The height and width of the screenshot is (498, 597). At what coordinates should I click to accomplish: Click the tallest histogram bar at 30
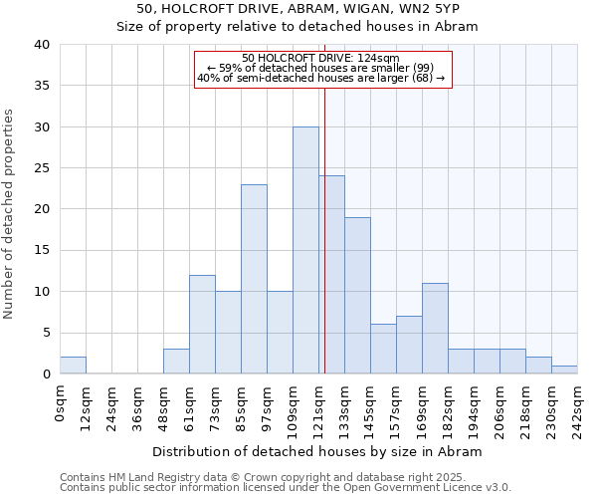(x=305, y=250)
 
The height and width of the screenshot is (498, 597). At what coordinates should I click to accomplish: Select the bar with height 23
(x=254, y=279)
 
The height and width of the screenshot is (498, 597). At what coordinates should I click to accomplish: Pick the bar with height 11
(x=435, y=329)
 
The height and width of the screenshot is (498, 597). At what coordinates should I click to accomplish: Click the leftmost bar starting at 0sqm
(x=73, y=366)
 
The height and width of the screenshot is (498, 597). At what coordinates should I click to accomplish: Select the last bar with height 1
(x=564, y=370)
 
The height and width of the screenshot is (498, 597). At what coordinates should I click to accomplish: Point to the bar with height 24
(x=331, y=275)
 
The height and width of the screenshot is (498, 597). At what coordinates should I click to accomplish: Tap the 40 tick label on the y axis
(x=41, y=45)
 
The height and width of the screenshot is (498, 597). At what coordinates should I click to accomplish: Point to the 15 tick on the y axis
(x=41, y=251)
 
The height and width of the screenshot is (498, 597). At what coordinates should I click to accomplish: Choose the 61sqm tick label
(x=189, y=404)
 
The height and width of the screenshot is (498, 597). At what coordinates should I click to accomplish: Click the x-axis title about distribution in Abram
(x=318, y=451)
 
